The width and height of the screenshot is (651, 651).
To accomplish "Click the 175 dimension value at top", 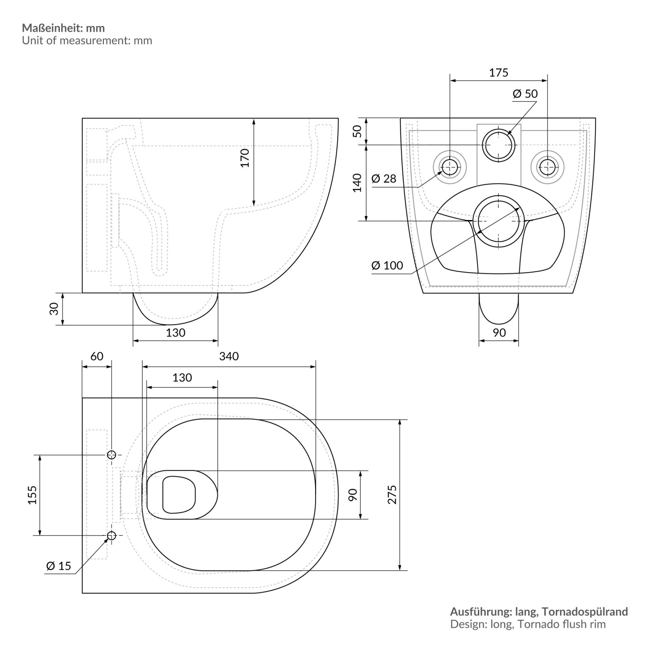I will point(498,72).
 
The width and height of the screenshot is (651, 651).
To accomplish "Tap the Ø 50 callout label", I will point(525,94).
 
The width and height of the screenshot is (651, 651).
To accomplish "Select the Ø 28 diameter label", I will point(384,178).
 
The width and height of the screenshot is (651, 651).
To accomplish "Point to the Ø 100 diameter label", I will point(387,265).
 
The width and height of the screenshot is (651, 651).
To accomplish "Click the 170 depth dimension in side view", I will point(245,158).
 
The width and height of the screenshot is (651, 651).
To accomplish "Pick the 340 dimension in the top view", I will point(229,356).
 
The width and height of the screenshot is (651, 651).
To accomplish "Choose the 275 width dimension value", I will point(392,495).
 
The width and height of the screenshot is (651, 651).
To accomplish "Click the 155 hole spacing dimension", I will point(32,495).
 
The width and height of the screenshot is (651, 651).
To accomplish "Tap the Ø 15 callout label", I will point(58,566).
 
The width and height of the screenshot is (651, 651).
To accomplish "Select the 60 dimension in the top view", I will point(97,356).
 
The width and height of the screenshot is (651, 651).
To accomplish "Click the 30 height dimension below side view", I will point(54,309).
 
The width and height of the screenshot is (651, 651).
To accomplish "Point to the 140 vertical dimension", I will point(357,183).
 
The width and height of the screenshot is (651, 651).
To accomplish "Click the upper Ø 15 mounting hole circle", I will point(112,455).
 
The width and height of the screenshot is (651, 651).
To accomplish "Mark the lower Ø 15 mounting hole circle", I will point(112,536).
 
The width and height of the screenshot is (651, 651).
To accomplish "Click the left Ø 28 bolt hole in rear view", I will point(450,166).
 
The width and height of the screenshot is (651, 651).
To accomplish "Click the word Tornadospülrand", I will point(585,612).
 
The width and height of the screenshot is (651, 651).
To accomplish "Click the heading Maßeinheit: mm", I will point(63,28).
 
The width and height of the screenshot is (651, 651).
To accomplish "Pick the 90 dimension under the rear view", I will point(499,332).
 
